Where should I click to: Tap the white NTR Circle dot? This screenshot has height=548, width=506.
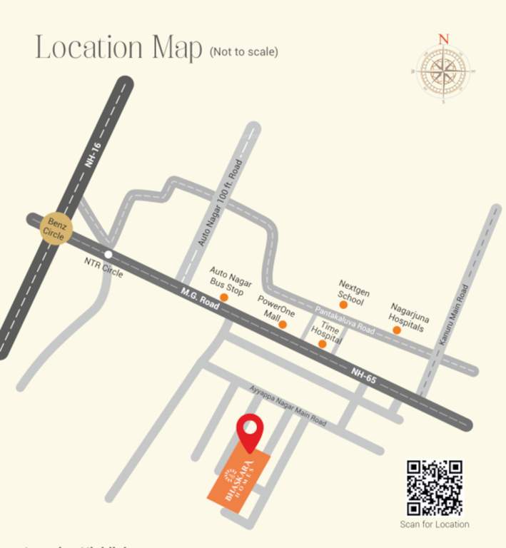108,254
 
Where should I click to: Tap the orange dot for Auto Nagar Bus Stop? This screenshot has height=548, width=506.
224,297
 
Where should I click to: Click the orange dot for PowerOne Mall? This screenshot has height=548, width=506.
283,325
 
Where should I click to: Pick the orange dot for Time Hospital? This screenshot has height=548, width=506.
322,344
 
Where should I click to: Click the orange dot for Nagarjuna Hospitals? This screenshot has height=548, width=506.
396,330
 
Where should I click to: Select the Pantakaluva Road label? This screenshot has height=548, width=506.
345,319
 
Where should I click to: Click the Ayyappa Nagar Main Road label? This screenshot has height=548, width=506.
288,406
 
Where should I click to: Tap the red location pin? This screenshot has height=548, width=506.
250,431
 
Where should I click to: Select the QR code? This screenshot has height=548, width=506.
435,488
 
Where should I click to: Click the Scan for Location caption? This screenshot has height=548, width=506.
435,524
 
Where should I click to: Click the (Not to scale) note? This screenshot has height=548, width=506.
243,52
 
